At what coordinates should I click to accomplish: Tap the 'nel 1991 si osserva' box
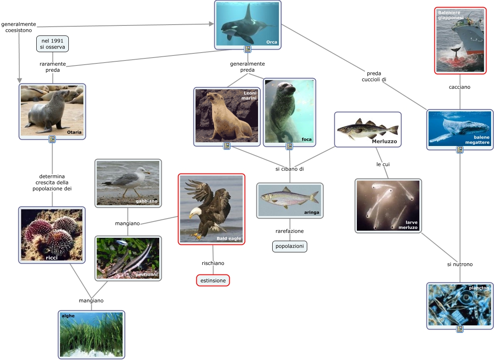point(53,44)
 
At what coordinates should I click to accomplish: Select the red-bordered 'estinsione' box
point(213,280)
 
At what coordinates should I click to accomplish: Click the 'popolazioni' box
point(290,247)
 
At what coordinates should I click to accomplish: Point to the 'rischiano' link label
point(213,263)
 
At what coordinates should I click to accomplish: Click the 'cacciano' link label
point(459,87)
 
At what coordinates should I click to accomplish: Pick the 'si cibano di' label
point(289,169)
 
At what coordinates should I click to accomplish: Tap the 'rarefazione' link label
point(289,231)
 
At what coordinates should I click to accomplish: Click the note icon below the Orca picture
point(248,50)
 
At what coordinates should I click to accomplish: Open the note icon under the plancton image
point(459,329)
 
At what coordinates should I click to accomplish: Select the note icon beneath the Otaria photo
point(52,139)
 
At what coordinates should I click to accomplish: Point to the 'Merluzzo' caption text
point(385,141)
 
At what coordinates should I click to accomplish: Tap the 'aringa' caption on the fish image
point(311,212)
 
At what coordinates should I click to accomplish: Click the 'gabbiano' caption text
point(146,201)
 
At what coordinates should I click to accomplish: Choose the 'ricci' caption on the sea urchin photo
point(52,257)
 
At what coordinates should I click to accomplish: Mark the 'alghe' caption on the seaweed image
point(68,316)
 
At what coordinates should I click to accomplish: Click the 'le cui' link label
point(383,164)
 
